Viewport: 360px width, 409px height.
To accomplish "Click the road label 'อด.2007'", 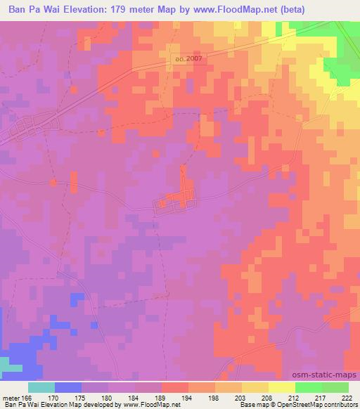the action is click(187, 59).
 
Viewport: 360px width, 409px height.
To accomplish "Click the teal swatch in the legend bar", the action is click(41, 387).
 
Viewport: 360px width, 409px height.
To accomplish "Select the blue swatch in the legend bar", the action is click(68, 387).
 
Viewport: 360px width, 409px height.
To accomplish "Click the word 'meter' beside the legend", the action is click(11, 397).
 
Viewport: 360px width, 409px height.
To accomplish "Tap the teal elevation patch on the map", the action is click(7, 364).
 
